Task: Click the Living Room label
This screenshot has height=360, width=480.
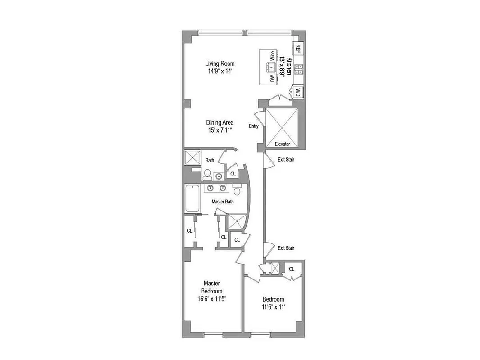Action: [220, 63]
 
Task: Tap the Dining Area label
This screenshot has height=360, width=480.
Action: [220, 122]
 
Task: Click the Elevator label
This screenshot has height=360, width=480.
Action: [283, 144]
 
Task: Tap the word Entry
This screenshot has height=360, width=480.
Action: [253, 126]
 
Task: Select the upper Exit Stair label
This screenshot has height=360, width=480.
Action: [286, 159]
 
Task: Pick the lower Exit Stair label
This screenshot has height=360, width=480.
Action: [286, 248]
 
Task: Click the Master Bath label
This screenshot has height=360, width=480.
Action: [223, 202]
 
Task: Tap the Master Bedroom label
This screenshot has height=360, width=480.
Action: [211, 287]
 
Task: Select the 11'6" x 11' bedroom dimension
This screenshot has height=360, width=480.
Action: [274, 307]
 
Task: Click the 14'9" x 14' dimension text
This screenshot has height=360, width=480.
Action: [220, 71]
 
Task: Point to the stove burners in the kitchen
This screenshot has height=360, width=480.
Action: [298, 69]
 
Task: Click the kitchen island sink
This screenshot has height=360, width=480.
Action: [271, 67]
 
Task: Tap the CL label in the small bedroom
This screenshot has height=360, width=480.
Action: [292, 269]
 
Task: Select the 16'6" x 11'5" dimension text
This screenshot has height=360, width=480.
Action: [211, 298]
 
